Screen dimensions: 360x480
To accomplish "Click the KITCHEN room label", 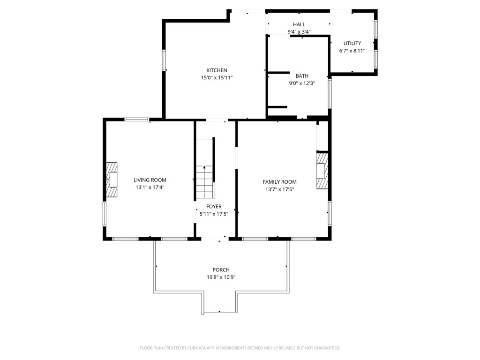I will (x=217, y=70).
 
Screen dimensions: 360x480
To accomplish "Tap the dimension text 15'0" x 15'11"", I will (x=217, y=78).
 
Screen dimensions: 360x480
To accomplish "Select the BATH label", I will (x=302, y=76).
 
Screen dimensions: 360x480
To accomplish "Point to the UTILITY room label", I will (x=352, y=44).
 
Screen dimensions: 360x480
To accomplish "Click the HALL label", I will (x=299, y=25).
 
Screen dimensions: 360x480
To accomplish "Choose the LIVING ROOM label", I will (x=150, y=180).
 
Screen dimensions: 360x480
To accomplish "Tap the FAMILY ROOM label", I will (x=279, y=182).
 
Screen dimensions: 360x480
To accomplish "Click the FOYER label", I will (x=214, y=207).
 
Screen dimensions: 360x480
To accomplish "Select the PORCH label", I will (x=221, y=270).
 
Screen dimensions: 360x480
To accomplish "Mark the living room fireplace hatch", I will (x=111, y=180).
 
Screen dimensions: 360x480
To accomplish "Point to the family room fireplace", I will (x=322, y=171).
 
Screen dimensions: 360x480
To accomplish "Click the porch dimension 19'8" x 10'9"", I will (x=221, y=277).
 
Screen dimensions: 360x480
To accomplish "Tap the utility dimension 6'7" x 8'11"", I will (x=352, y=51).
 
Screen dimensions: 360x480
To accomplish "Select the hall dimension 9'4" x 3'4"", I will (x=299, y=32).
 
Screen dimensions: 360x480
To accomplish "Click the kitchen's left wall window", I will (x=164, y=60).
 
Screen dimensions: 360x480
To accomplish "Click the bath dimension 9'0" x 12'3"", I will (x=302, y=83).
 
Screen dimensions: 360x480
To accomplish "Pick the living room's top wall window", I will (x=137, y=120).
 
